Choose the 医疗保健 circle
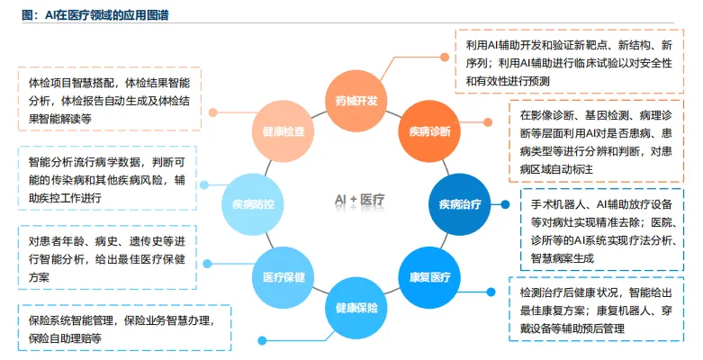[x=284, y=276]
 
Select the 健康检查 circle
[x=283, y=131]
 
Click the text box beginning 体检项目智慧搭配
[x=110, y=99]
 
